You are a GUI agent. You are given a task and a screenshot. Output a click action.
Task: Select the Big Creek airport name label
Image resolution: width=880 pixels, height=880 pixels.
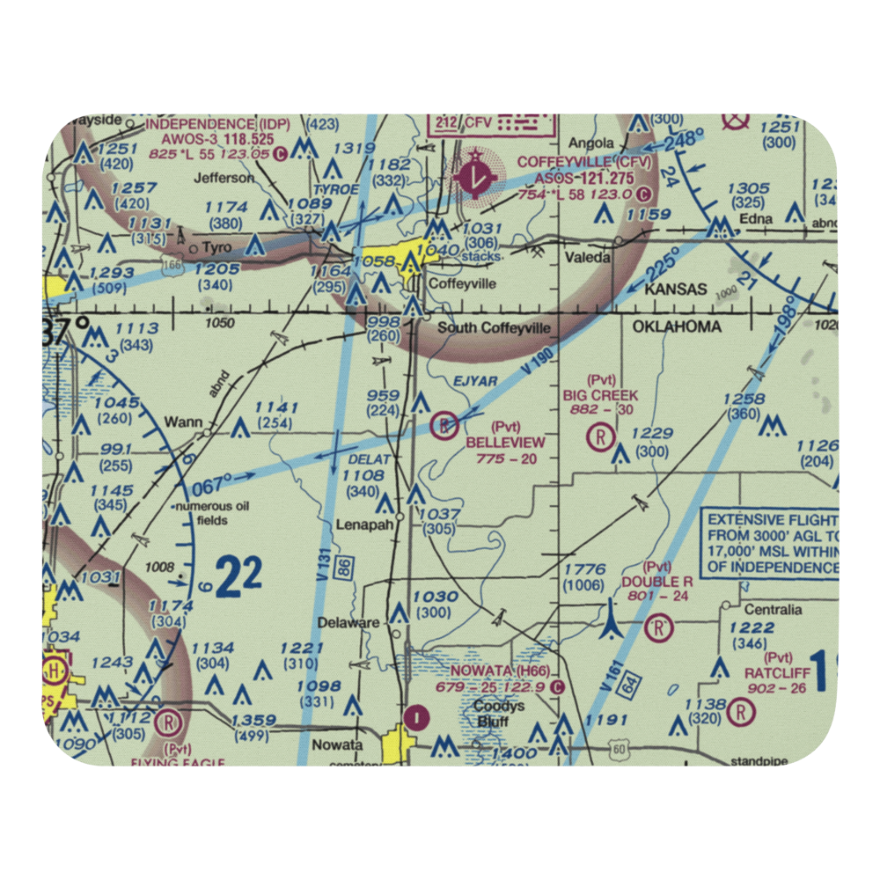601,396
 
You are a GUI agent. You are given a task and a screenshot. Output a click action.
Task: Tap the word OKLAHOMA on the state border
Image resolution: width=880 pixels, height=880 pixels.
676,327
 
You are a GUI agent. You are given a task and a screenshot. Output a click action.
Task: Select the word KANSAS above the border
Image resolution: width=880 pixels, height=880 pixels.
676,290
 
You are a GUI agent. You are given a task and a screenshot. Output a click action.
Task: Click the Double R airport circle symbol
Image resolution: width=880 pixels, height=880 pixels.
657,628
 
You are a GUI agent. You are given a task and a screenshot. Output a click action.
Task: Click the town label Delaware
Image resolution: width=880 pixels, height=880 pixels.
349,623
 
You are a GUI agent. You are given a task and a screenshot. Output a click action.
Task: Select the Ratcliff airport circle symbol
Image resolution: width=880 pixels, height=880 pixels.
744,709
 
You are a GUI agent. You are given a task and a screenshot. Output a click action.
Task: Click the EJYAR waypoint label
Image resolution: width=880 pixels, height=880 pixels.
476,381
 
